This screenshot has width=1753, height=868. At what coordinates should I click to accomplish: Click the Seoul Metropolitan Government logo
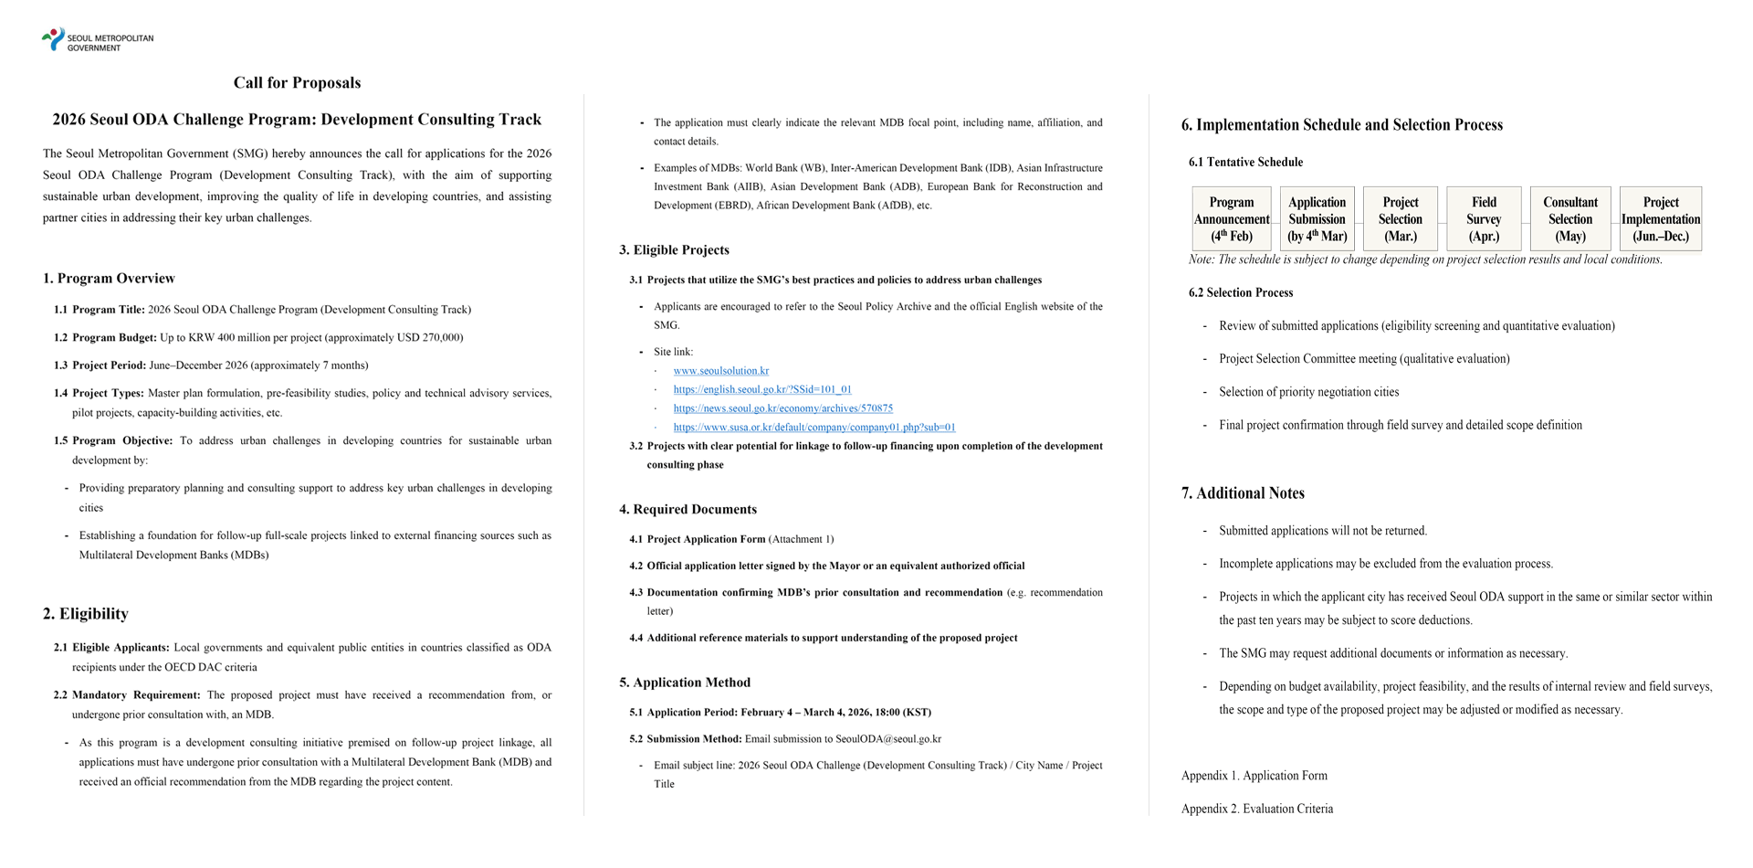pyautogui.click(x=97, y=40)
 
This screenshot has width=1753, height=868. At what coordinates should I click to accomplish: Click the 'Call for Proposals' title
pyautogui.click(x=297, y=83)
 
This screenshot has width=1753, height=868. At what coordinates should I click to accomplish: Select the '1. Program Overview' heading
pyautogui.click(x=109, y=279)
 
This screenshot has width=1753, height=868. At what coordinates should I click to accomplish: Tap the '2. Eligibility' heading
pyautogui.click(x=85, y=614)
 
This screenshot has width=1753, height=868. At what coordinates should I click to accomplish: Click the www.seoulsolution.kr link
pyautogui.click(x=720, y=371)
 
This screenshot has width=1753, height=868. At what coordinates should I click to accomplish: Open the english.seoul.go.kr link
pyautogui.click(x=761, y=389)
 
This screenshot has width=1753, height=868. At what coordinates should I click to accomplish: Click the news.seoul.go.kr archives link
pyautogui.click(x=782, y=408)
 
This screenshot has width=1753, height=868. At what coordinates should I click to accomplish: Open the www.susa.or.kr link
pyautogui.click(x=814, y=427)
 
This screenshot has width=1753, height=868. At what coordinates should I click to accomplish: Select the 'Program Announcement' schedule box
pyautogui.click(x=1231, y=219)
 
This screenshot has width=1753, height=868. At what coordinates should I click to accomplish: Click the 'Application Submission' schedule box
pyautogui.click(x=1317, y=219)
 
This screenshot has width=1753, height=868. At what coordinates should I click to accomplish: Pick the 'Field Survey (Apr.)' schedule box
pyautogui.click(x=1484, y=219)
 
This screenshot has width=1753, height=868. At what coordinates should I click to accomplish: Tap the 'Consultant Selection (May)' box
pyautogui.click(x=1569, y=219)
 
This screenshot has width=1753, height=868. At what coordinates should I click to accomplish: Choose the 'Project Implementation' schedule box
pyautogui.click(x=1660, y=219)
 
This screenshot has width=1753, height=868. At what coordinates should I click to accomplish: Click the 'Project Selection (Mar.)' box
pyautogui.click(x=1400, y=219)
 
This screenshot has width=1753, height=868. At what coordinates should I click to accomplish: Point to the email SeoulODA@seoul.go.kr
pyautogui.click(x=887, y=739)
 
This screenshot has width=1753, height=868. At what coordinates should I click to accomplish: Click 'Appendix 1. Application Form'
pyautogui.click(x=1254, y=776)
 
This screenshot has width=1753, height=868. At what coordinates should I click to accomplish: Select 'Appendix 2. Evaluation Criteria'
pyautogui.click(x=1256, y=809)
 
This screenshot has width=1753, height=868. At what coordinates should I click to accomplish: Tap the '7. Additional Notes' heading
pyautogui.click(x=1242, y=493)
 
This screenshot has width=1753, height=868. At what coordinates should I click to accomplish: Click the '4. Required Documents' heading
pyautogui.click(x=688, y=510)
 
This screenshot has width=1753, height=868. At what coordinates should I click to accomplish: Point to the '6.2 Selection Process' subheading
pyautogui.click(x=1240, y=293)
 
